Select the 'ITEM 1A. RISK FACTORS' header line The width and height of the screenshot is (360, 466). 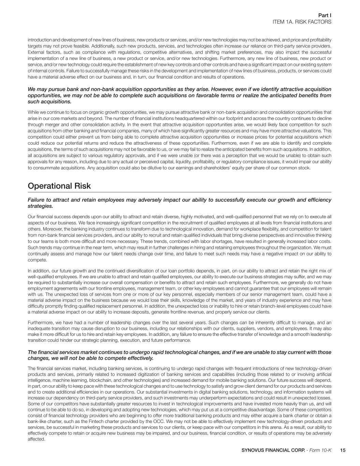pos(302,22)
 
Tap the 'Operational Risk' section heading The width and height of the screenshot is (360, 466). pos(59,186)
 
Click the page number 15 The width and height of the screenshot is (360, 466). pos(343,450)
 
